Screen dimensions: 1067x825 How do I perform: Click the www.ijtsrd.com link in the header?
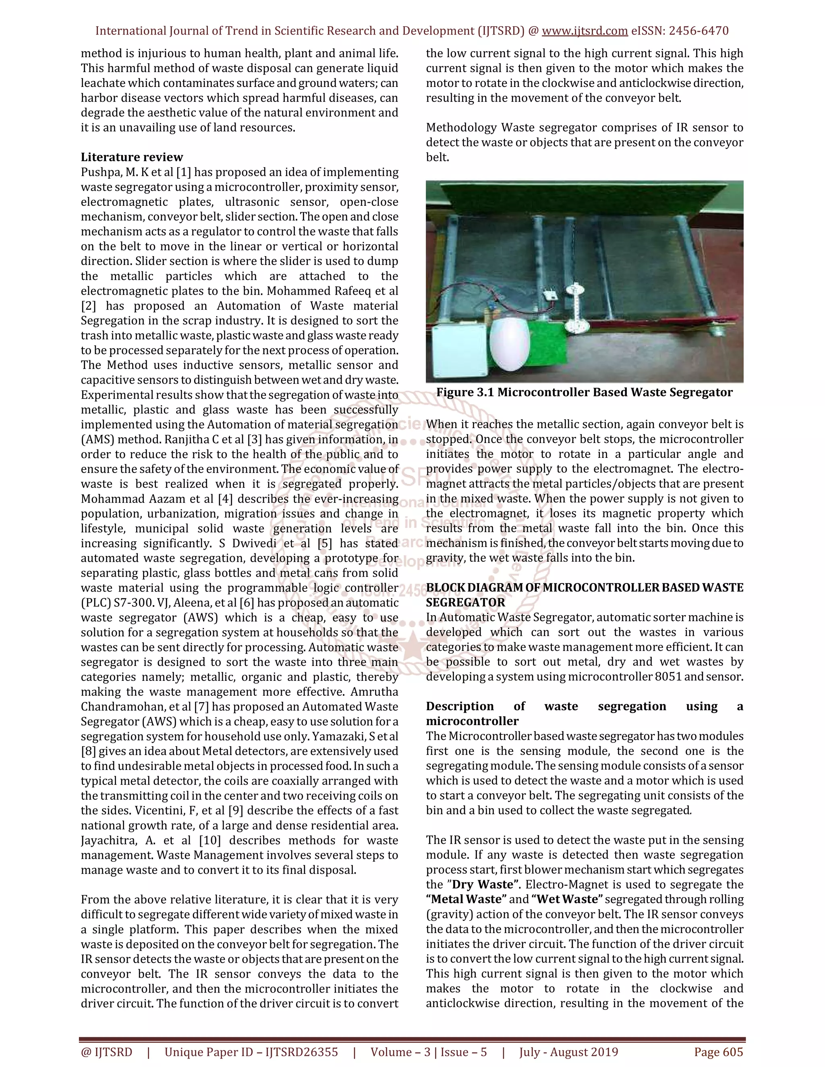coord(585,31)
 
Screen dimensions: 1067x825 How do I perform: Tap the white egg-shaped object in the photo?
coord(509,348)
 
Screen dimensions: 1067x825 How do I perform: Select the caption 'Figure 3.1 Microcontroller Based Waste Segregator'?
coord(584,392)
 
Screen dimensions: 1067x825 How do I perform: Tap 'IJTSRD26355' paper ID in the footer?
coord(301,1052)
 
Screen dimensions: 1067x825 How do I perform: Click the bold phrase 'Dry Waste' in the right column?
coord(483,884)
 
